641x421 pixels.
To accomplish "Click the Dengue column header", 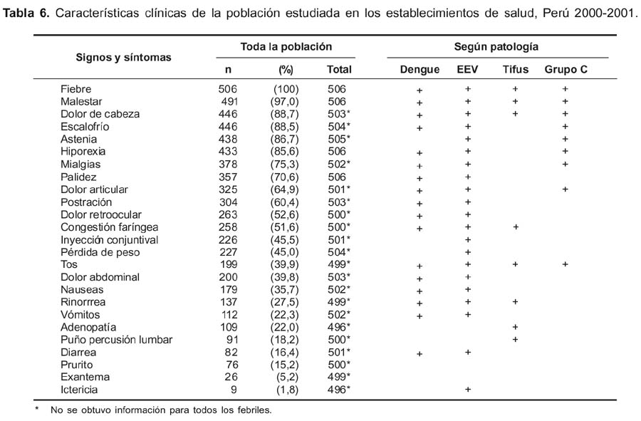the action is coord(419,70).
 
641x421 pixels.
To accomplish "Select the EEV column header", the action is coord(467,70).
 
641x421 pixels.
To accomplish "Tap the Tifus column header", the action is coord(515,70).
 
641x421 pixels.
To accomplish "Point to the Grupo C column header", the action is coord(566,70).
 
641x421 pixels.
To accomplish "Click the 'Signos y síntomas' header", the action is coord(123,57).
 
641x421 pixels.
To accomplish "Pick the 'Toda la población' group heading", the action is coord(286,46).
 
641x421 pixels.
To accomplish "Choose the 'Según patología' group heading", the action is coord(496,46).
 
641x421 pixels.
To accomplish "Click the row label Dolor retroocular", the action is coord(101,214).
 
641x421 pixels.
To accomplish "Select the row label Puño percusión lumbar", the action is coord(117,340).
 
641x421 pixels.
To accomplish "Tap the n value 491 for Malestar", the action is coord(228,101).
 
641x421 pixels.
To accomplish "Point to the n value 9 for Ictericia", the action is coord(234,390).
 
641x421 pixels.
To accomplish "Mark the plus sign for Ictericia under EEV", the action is coord(468,390).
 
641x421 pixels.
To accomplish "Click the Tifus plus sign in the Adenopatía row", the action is coord(515,327).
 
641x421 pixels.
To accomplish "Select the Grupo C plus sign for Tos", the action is coord(565,264).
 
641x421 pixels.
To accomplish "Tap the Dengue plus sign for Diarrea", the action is coord(419,354).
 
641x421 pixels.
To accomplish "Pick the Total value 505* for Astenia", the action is coord(339,139).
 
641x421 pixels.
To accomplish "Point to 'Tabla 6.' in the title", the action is coord(26,13).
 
